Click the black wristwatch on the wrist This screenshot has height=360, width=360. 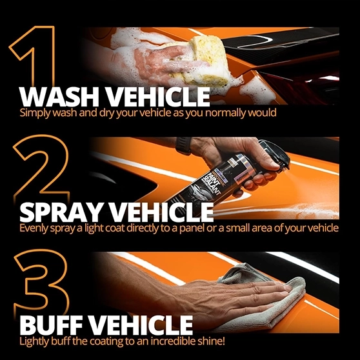183,146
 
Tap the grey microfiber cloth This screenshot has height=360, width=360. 264,299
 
